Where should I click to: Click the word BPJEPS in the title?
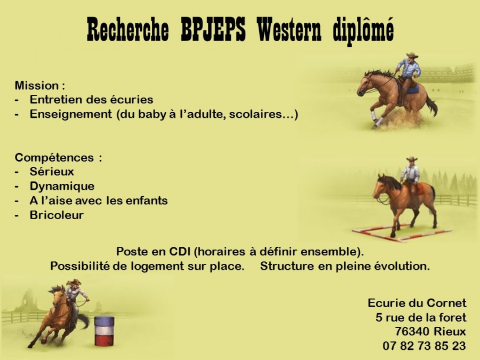coord(213,29)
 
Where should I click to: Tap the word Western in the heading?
coord(289,29)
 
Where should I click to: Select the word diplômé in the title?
coord(363,30)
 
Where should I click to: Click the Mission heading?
coord(40,85)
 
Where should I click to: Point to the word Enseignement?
coord(71,114)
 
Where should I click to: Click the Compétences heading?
coord(58,158)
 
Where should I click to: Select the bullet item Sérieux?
coord(52,171)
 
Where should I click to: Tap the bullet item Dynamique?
coord(62,186)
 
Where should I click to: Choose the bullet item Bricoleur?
coord(57,215)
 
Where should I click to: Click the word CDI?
coord(180,252)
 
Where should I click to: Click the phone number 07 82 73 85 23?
coord(425,346)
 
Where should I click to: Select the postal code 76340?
coord(413,332)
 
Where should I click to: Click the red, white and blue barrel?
coord(104,331)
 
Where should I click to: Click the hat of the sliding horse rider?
coord(412,55)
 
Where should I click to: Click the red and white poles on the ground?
coord(402,233)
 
